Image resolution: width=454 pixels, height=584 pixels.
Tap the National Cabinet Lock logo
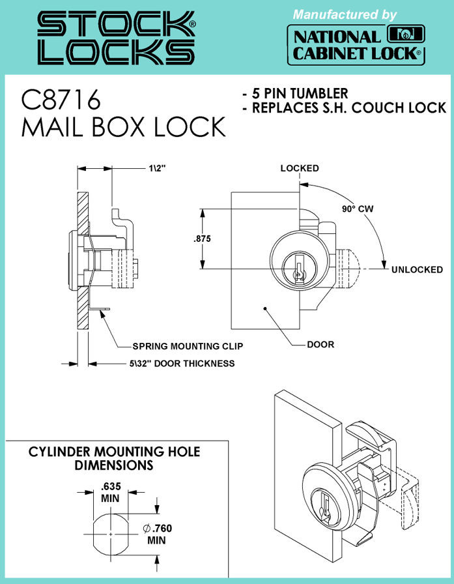356,46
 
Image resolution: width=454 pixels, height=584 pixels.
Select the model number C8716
61,100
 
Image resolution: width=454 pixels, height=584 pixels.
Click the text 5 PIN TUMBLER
294,93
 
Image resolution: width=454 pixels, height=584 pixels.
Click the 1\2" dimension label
157,168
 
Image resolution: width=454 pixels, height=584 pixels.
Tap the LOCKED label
300,168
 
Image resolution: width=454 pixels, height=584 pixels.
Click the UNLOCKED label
417,270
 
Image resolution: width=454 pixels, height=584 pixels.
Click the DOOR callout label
320,344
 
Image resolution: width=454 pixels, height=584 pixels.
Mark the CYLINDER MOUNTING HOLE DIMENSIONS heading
115,458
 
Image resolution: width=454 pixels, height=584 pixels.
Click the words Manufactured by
344,14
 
